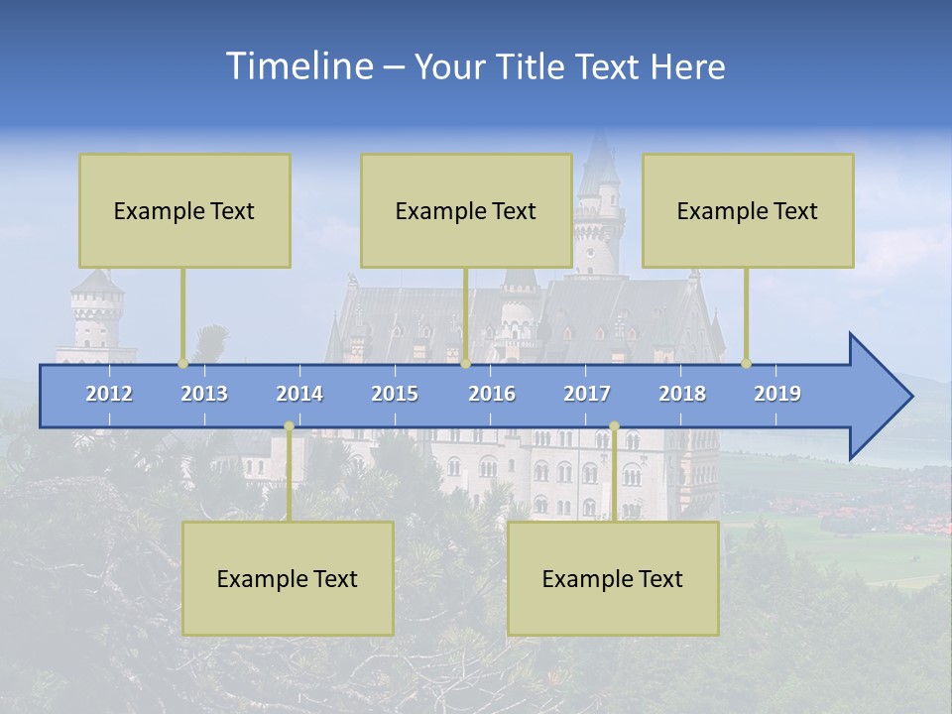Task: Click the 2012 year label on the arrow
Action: [x=109, y=394]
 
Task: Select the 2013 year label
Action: [x=204, y=394]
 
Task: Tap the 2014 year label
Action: [x=299, y=394]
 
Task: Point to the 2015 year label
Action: [x=395, y=394]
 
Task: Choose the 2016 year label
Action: [x=492, y=394]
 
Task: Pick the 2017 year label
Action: [x=587, y=394]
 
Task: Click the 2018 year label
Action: [x=682, y=394]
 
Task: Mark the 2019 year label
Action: [x=777, y=394]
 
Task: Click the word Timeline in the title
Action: [x=297, y=66]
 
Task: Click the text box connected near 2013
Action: [x=184, y=210]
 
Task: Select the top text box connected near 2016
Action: [x=466, y=210]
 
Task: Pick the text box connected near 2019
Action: [x=748, y=210]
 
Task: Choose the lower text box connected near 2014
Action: [x=288, y=578]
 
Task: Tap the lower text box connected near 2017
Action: [x=613, y=578]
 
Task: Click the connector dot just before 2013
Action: [x=182, y=363]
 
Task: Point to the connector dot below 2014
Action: [x=289, y=426]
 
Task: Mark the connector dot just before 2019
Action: [x=746, y=363]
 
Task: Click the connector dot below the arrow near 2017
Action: [x=614, y=426]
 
